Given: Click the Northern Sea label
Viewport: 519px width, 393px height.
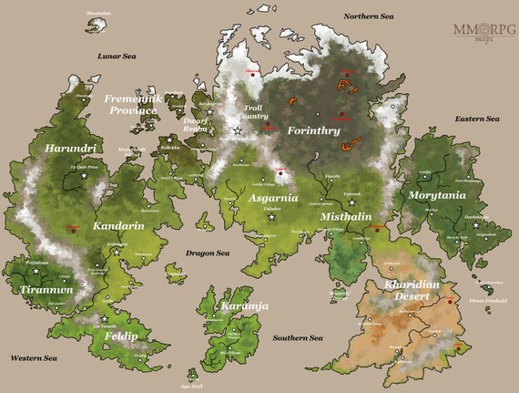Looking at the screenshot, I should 368,16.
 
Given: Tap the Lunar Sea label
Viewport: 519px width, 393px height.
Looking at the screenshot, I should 117,57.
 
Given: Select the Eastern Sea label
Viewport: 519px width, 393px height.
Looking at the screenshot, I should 477,119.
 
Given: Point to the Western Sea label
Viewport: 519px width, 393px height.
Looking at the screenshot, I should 35,358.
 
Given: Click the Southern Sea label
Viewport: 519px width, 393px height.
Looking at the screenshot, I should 297,338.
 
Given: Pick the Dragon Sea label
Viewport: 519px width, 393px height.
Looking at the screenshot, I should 209,253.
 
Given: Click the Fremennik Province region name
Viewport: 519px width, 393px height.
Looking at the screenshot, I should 131,104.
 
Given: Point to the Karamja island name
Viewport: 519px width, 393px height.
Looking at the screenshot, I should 244,306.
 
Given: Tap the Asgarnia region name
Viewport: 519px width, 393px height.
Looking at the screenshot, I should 271,197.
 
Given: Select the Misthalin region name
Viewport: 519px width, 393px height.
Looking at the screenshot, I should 345,217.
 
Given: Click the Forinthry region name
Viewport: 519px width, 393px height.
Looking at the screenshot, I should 313,131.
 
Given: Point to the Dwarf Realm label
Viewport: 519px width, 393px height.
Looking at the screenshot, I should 196,125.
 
